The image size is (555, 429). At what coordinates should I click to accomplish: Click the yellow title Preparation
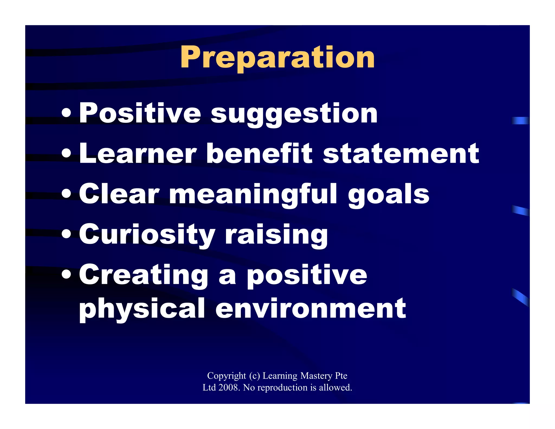(277, 57)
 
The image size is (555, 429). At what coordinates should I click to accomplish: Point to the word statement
(401, 154)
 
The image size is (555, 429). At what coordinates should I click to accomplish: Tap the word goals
(389, 194)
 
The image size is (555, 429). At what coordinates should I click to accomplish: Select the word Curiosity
(147, 234)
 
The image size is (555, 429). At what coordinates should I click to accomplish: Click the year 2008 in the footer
(229, 388)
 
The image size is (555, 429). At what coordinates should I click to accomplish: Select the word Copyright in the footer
(227, 376)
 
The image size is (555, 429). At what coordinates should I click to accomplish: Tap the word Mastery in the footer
(316, 376)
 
